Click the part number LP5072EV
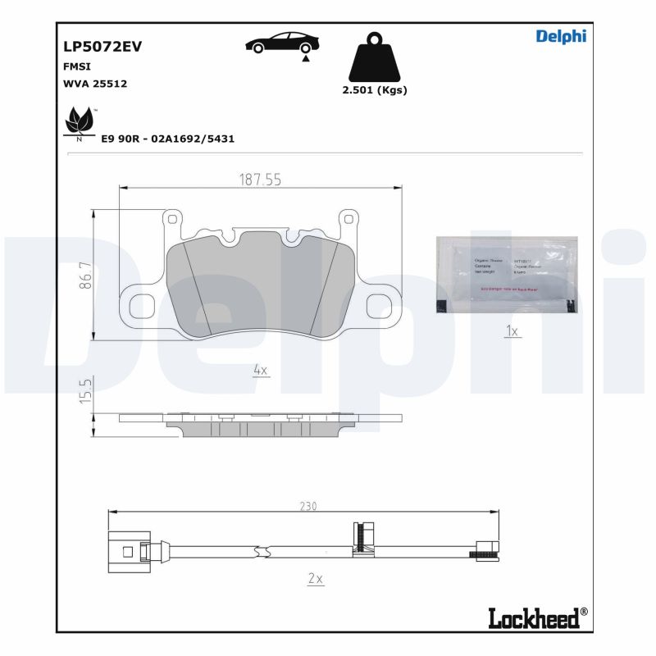[x=102, y=47]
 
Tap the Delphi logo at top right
[x=561, y=36]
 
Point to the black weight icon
[x=374, y=57]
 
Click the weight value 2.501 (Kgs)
[x=374, y=90]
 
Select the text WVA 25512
[x=95, y=84]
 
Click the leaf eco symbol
[x=80, y=123]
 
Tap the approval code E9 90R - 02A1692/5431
[x=167, y=139]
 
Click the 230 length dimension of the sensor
[x=307, y=507]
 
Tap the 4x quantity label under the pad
[x=261, y=370]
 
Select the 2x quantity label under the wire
[x=316, y=578]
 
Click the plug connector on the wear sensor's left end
[x=128, y=549]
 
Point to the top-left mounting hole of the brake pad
[x=172, y=219]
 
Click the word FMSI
[x=77, y=67]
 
